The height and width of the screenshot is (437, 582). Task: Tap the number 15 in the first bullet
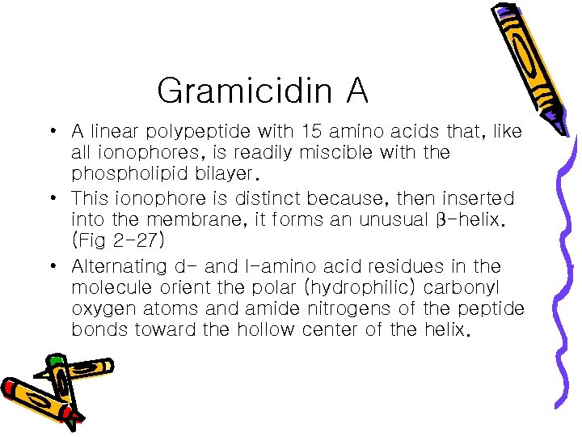pos(310,130)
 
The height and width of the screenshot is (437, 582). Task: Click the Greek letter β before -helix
pos(441,220)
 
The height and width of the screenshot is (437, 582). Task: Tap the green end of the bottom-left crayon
pos(55,359)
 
